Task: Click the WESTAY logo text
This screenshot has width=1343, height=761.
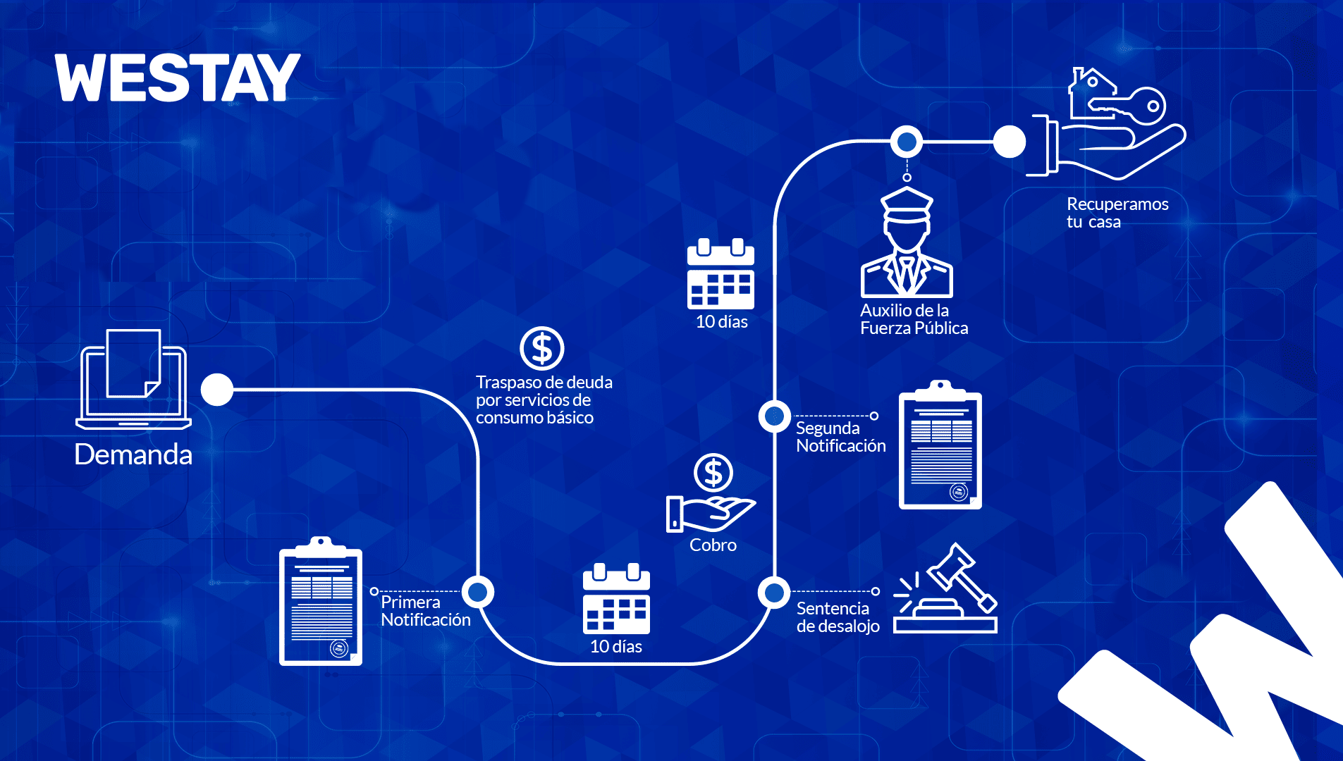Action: tap(178, 78)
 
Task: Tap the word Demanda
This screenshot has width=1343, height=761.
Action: tap(133, 454)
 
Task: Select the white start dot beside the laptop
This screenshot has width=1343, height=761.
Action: tap(217, 390)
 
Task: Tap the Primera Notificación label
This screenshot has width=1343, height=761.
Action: tap(425, 611)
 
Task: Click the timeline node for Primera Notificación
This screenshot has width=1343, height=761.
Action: tap(478, 592)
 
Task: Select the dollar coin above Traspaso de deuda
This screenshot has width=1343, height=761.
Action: tap(541, 348)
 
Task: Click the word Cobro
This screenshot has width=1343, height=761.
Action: tap(713, 545)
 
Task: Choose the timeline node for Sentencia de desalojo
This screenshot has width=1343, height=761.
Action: tap(774, 593)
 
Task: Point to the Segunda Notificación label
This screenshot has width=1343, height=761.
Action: tap(840, 437)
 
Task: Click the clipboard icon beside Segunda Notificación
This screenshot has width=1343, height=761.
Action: tap(940, 445)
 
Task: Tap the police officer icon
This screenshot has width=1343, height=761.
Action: tap(907, 242)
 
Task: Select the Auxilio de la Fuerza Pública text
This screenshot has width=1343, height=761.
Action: tap(914, 319)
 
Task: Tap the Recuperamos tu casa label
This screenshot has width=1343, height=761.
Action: tap(1117, 213)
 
